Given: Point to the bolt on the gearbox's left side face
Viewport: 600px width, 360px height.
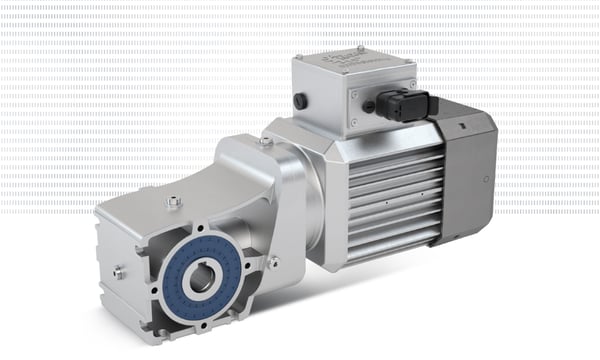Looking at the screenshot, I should click(118, 271).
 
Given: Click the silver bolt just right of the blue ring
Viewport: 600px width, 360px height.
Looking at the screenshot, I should click(273, 262).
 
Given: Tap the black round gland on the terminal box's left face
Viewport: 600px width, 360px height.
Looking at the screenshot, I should click(299, 100).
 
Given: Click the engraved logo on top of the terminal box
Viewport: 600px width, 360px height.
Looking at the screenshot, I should click(366, 65).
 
